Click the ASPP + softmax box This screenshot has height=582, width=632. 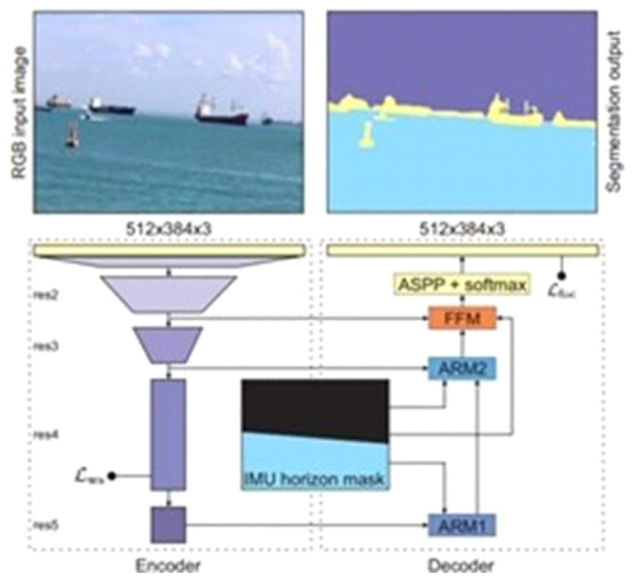(461, 282)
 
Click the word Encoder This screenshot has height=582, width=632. (169, 565)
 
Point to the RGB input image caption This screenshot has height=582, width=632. (17, 110)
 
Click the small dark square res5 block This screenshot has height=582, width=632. (169, 524)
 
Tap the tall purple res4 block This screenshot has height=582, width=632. (169, 433)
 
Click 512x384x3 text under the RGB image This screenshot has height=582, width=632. (169, 226)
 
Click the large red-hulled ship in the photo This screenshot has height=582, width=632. (221, 113)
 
